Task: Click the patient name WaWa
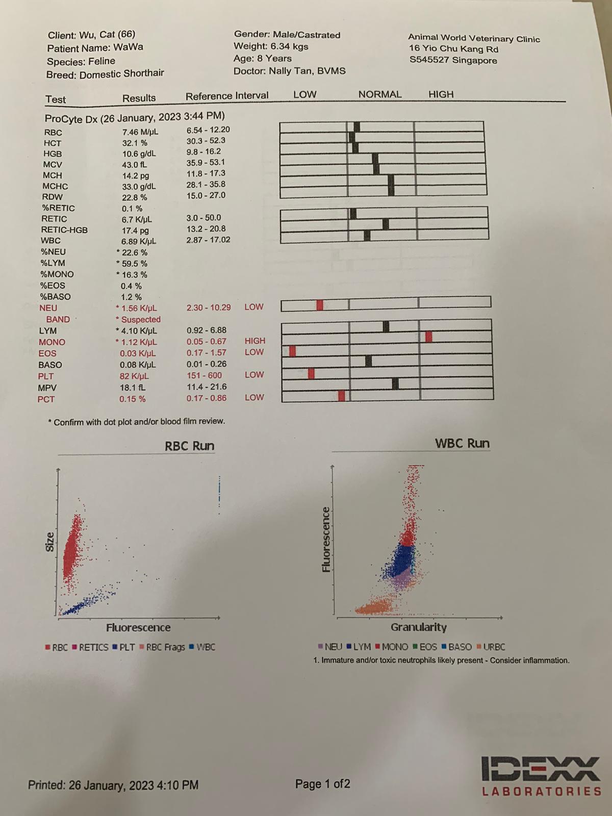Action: click(x=128, y=47)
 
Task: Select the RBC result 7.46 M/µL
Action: click(x=140, y=132)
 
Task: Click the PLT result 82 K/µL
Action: click(x=134, y=376)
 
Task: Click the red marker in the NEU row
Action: click(x=320, y=305)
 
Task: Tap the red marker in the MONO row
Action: click(x=429, y=336)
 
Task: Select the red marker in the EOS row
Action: click(x=292, y=351)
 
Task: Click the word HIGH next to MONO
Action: click(x=255, y=341)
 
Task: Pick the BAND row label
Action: click(x=58, y=319)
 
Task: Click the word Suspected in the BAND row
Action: click(x=141, y=319)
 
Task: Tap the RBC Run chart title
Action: click(x=189, y=446)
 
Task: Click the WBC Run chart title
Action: click(x=462, y=444)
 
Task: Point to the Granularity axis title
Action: click(x=419, y=627)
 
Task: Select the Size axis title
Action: click(x=50, y=542)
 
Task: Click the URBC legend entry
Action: click(x=491, y=647)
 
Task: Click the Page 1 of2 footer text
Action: click(x=322, y=784)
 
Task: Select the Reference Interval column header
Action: click(x=227, y=96)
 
